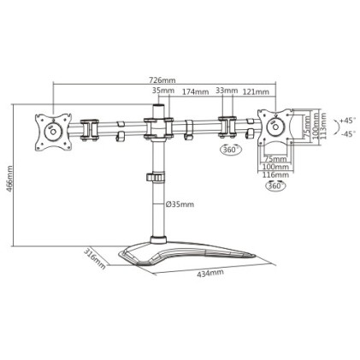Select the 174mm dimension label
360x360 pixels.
195,91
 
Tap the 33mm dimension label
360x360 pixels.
227,91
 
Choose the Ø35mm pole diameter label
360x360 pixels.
180,204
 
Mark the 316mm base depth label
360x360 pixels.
95,259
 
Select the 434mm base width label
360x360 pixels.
210,274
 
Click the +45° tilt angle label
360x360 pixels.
347,121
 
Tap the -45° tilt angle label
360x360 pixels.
347,134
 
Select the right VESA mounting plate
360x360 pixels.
276,128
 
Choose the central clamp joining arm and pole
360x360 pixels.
157,129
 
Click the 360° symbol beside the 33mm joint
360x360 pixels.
230,150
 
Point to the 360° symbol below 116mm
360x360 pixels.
275,186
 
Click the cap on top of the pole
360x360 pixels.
157,106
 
